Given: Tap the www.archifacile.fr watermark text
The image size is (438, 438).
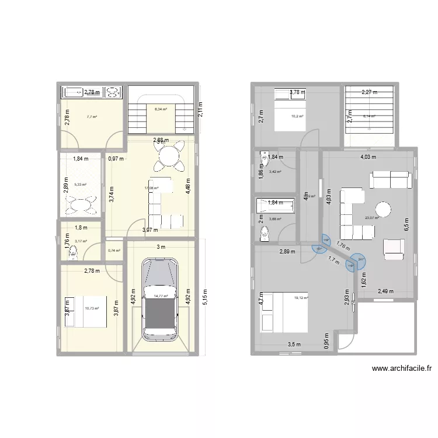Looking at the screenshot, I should click(x=401, y=369).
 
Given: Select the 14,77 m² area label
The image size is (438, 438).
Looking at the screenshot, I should click(x=161, y=296).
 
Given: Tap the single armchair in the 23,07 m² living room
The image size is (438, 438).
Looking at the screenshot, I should click(x=394, y=249).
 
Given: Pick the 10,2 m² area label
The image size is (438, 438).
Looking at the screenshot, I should click(x=297, y=116).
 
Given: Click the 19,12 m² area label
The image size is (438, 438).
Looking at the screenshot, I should click(x=300, y=298).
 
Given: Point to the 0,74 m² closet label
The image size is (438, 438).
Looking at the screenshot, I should click(x=114, y=251).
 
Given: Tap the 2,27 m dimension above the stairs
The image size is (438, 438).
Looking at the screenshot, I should click(x=369, y=92).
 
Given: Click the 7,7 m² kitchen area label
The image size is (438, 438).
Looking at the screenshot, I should click(x=92, y=117).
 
